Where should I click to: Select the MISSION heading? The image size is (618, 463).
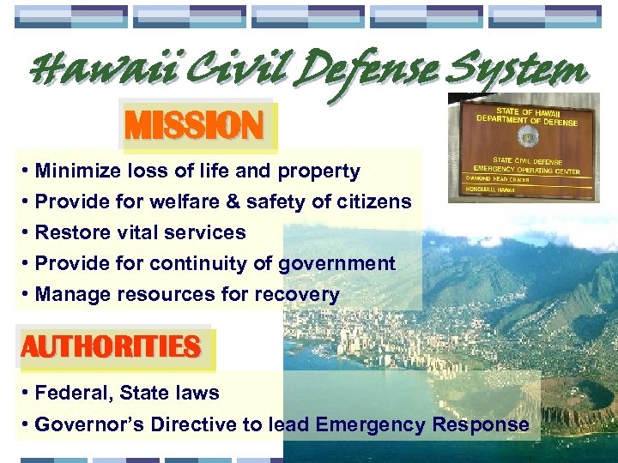[194, 126]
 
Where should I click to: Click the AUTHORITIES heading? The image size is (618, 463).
[111, 348]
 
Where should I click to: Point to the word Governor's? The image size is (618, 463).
[89, 424]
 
